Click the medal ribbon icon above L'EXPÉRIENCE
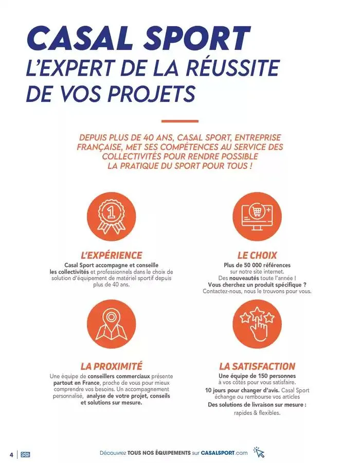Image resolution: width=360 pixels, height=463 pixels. point(112,217)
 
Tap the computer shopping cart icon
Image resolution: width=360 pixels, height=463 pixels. point(257,217)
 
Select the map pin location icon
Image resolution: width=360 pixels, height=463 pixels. point(112,324)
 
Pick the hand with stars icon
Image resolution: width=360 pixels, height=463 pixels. point(257,324)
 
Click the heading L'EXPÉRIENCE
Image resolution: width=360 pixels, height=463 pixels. point(112,255)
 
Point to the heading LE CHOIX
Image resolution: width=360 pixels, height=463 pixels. point(257,255)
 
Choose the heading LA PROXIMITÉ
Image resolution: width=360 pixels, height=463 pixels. point(112,366)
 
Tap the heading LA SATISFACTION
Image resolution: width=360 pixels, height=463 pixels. point(257,366)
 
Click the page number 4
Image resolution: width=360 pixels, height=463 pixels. point(11,454)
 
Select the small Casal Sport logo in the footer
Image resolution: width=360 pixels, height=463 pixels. point(25,454)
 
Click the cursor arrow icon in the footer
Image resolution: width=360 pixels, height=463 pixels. point(259,453)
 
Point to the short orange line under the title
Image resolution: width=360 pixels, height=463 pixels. point(179,121)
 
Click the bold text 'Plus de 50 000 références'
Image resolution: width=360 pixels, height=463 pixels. point(257,265)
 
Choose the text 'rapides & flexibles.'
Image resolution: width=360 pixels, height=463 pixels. point(257,413)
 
